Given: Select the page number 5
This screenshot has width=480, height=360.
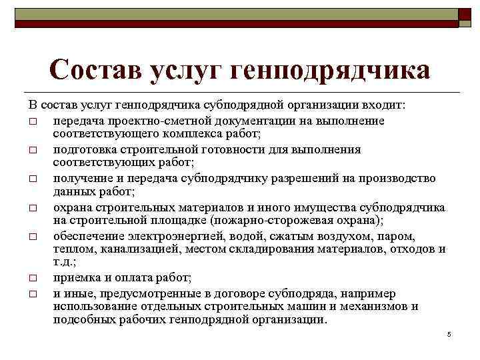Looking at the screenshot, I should click(x=449, y=333).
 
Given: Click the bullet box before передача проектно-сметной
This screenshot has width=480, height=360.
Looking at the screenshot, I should click(x=33, y=121).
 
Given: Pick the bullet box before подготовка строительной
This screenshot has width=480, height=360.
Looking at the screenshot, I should click(x=33, y=150).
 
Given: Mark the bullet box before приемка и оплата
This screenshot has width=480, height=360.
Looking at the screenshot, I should click(x=33, y=278).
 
